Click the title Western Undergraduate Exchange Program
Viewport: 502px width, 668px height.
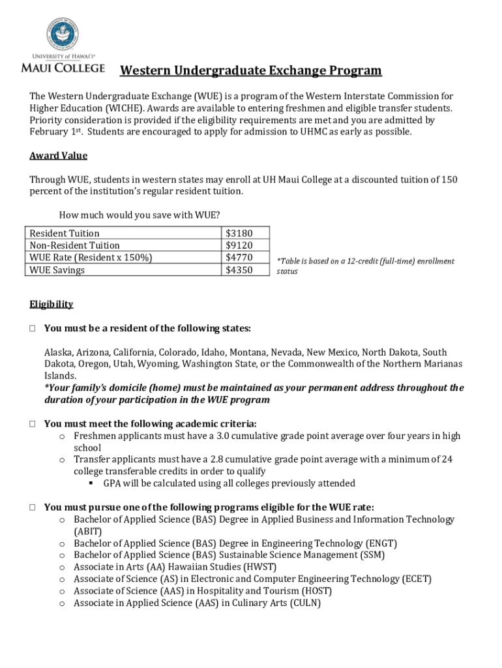(250, 70)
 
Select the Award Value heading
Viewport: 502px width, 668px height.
(58, 156)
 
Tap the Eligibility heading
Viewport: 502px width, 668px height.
(51, 304)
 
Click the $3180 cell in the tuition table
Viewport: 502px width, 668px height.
(239, 233)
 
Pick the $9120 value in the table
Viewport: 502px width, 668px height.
(239, 245)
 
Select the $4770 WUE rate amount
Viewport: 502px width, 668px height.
(239, 258)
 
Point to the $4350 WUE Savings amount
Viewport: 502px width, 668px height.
(239, 269)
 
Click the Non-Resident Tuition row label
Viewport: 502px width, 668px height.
(75, 245)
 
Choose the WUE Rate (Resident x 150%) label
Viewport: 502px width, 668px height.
(91, 258)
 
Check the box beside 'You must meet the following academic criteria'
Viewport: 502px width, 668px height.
(32, 424)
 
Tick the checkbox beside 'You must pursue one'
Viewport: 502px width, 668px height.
(32, 508)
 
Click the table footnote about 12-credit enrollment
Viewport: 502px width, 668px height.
(365, 266)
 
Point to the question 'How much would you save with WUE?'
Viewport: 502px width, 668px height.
(140, 215)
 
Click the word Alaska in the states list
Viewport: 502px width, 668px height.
(59, 352)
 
